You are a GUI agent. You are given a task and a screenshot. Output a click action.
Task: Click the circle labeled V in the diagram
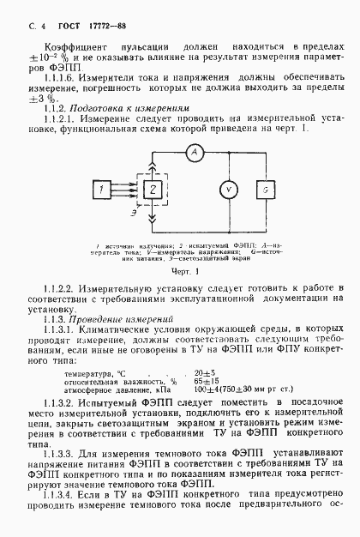pos(219,188)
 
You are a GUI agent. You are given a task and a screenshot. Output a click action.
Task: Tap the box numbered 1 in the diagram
pos(102,188)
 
